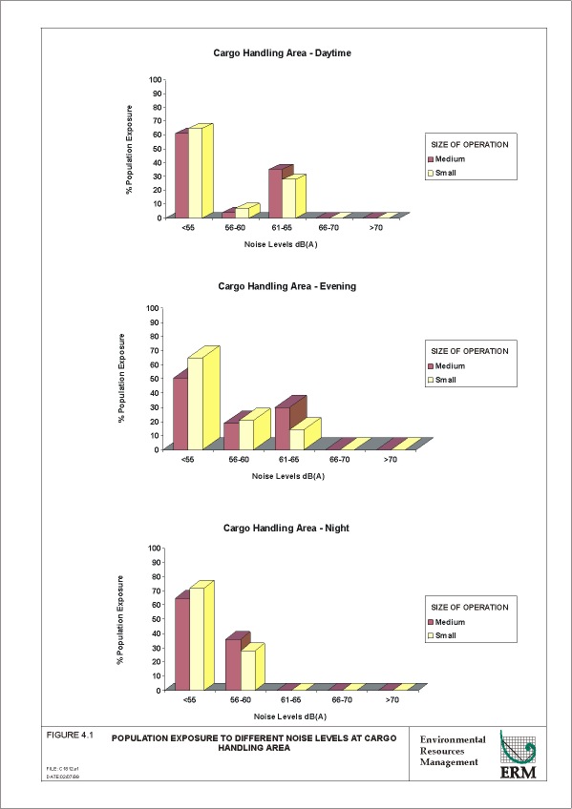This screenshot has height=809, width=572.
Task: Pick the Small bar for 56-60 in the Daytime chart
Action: pyautogui.click(x=242, y=212)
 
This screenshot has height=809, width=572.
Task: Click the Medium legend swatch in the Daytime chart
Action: pyautogui.click(x=431, y=159)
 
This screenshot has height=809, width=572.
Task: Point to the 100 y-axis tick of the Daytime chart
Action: pyautogui.click(x=156, y=80)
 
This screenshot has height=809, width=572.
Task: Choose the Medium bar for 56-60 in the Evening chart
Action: pyautogui.click(x=230, y=435)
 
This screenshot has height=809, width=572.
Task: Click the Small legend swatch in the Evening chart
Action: pyautogui.click(x=431, y=380)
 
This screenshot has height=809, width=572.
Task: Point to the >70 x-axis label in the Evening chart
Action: pyautogui.click(x=392, y=460)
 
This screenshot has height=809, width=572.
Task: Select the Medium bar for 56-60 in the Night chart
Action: pyautogui.click(x=232, y=664)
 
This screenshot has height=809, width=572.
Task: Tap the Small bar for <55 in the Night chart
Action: pyautogui.click(x=197, y=638)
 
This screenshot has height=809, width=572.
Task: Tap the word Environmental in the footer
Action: pyautogui.click(x=454, y=739)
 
